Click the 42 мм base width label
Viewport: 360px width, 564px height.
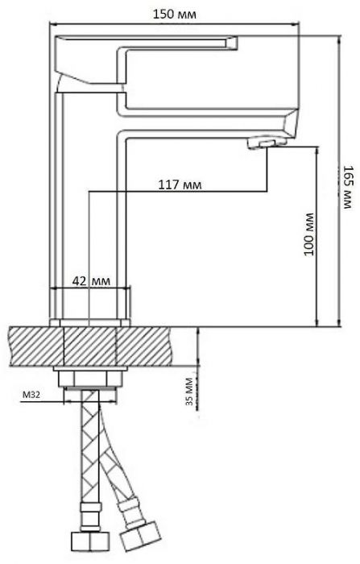(x=90, y=280)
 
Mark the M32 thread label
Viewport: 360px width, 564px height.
(x=32, y=395)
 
